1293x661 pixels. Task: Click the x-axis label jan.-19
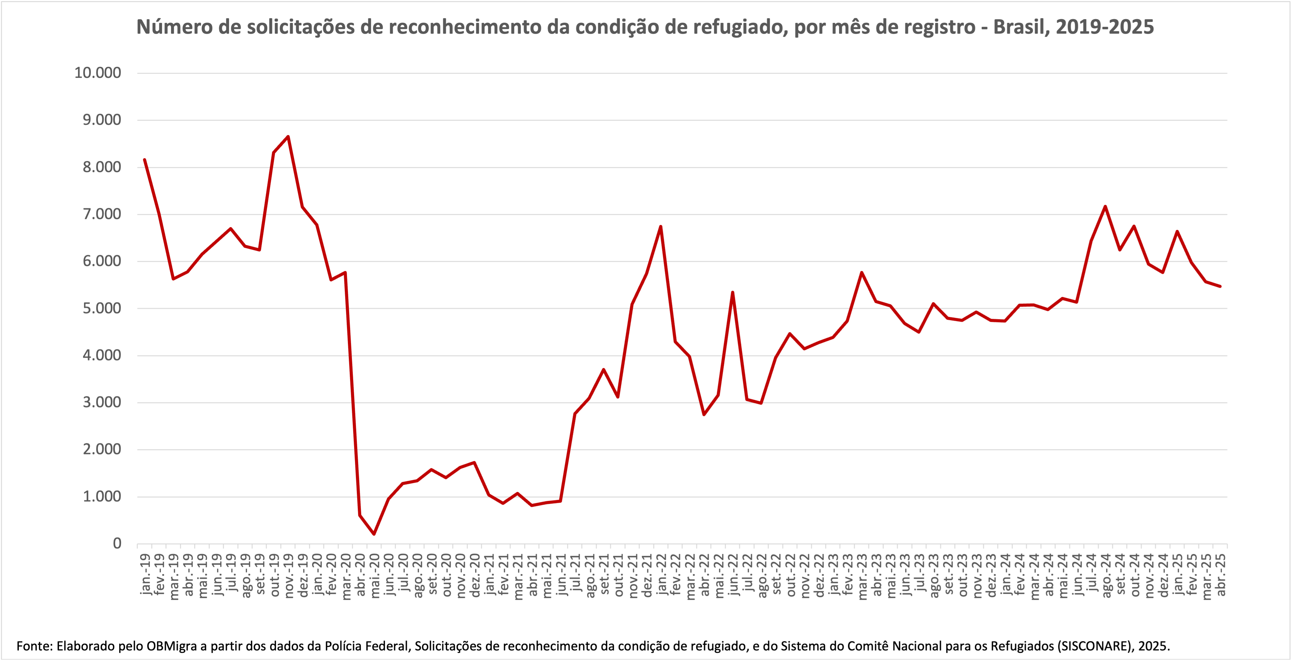tap(145, 574)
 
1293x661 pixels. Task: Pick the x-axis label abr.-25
tap(1221, 574)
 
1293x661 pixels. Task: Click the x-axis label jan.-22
tap(661, 574)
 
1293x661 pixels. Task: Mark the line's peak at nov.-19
tap(288, 137)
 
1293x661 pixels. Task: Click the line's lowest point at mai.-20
tap(374, 534)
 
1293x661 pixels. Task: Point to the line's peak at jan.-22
tap(661, 226)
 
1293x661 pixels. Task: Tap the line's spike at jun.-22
tap(732, 292)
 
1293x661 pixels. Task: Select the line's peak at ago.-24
tap(1105, 206)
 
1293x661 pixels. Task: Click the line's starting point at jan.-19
tap(144, 160)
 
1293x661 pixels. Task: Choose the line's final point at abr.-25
tap(1220, 286)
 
